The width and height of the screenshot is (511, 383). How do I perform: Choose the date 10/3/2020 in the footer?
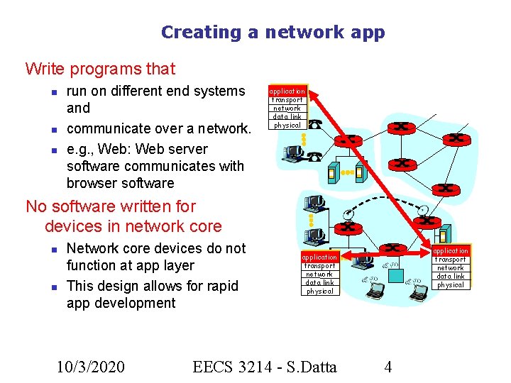[x=91, y=367]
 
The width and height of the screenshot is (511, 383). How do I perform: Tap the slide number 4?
[x=388, y=367]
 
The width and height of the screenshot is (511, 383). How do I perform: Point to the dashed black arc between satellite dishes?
[x=383, y=199]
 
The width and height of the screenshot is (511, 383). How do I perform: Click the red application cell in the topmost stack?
[x=287, y=91]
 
